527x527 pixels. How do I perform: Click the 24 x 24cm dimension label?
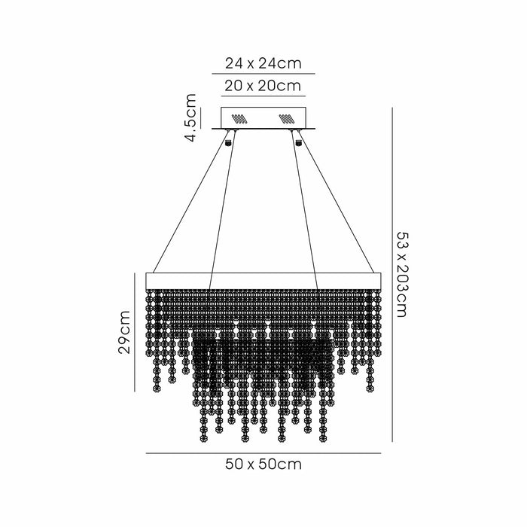coord(263,62)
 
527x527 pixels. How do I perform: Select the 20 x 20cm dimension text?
coord(263,85)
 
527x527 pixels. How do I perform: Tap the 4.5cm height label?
coord(191,117)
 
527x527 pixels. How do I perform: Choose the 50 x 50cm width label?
coord(263,465)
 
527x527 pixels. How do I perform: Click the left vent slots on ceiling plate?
coord(239,118)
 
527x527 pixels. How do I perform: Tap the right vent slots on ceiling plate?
coord(286,118)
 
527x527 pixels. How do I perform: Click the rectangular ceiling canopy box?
coord(263,118)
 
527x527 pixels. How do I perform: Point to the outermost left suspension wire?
coord(188,207)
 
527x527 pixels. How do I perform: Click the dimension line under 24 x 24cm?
coord(263,73)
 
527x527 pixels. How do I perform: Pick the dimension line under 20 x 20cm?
coord(263,96)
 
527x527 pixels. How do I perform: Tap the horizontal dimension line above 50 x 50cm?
coord(263,452)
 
